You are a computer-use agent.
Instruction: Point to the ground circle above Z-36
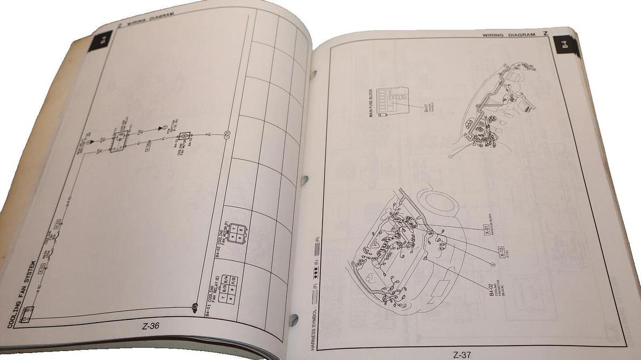pos(194,306)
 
